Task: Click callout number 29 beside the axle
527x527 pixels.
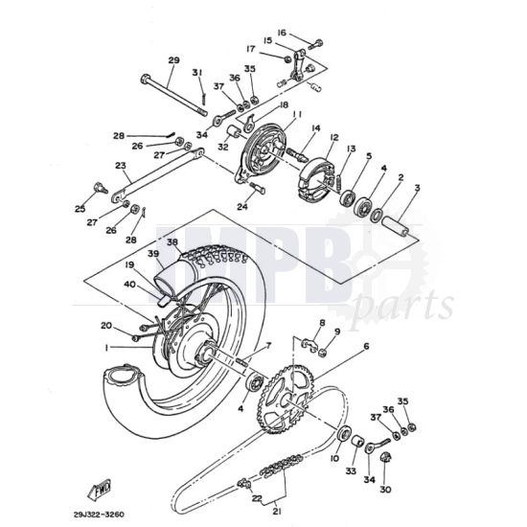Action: point(173,60)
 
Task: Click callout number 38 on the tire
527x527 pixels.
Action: point(173,243)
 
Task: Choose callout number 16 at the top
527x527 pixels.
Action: point(283,33)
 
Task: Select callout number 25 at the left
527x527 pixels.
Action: point(80,209)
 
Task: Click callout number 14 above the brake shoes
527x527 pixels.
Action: point(314,128)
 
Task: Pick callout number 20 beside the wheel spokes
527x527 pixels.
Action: point(106,325)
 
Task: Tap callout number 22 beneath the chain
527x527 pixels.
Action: point(257,497)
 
